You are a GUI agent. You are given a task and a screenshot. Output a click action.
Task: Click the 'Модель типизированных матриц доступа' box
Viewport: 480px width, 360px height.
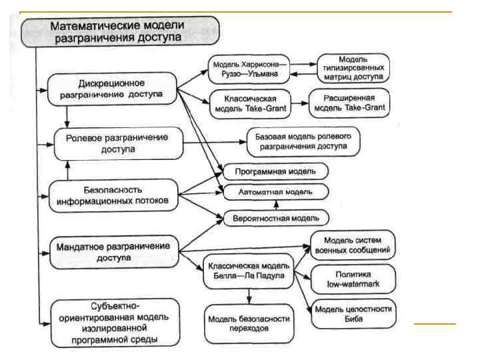pos(354,67)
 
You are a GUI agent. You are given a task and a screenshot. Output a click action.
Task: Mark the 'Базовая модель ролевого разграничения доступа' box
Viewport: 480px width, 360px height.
pos(307,140)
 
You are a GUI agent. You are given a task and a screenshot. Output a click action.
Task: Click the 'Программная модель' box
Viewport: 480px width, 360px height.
pos(275,171)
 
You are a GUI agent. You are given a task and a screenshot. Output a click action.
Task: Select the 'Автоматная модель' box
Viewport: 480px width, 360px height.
pos(275,191)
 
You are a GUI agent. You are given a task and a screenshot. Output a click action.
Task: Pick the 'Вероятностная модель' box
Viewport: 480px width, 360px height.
pos(275,217)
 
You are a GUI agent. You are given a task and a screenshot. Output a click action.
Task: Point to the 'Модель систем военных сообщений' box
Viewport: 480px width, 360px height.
pos(353,245)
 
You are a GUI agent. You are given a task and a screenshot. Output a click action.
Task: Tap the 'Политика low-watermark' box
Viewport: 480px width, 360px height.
pos(354,279)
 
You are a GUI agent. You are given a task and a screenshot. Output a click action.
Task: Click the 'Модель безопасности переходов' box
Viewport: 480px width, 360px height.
pos(247,323)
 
